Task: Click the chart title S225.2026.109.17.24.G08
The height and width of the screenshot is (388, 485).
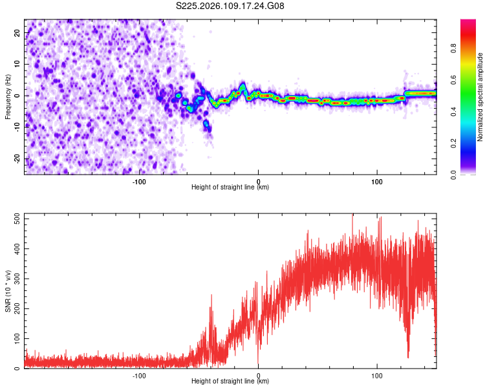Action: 231,6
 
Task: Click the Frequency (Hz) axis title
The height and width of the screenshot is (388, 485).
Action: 8,96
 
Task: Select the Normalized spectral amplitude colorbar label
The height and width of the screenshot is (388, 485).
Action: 480,97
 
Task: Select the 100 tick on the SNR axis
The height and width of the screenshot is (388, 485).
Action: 16,339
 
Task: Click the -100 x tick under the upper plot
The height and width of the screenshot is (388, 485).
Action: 139,180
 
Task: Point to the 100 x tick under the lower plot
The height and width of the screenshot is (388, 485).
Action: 377,375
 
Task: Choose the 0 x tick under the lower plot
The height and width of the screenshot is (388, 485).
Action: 258,375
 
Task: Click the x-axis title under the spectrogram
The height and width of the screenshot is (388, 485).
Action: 230,188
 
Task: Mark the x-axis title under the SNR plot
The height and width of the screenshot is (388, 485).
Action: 230,382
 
